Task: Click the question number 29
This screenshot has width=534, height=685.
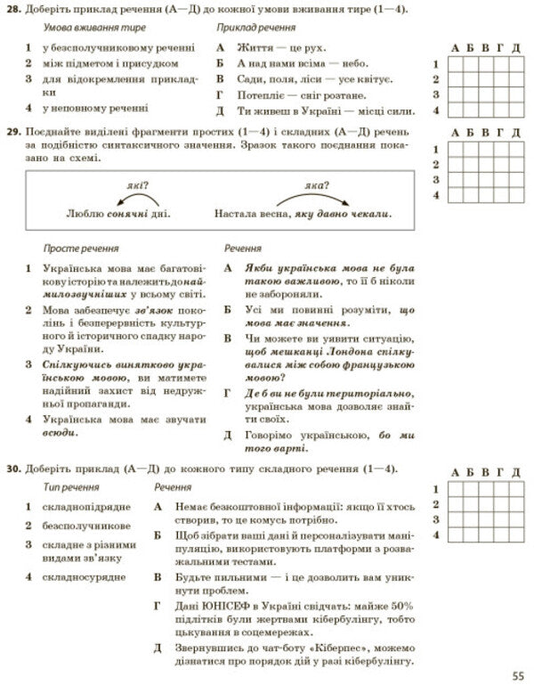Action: [x=12, y=134]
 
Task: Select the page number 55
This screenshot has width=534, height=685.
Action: [x=519, y=674]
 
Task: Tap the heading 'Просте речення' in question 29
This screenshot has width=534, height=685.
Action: [x=81, y=249]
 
